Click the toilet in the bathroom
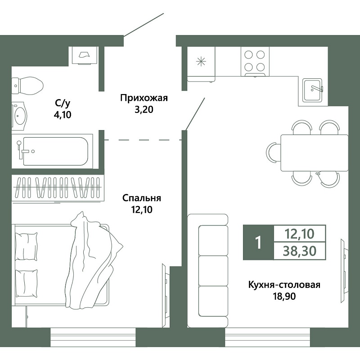pyautogui.click(x=27, y=85)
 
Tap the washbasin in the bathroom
pyautogui.click(x=19, y=115)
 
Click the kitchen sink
pyautogui.click(x=313, y=90)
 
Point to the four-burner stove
pyautogui.click(x=255, y=62)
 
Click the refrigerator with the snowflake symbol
pyautogui.click(x=201, y=64)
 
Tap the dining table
pyautogui.click(x=314, y=153)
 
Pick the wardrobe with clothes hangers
pyautogui.click(x=58, y=188)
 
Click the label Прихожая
pyautogui.click(x=144, y=98)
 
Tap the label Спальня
pyautogui.click(x=142, y=198)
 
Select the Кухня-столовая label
pyautogui.click(x=284, y=285)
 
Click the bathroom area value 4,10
pyautogui.click(x=63, y=115)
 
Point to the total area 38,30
pyautogui.click(x=300, y=251)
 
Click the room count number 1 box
pyautogui.click(x=258, y=243)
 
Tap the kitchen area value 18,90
pyautogui.click(x=284, y=297)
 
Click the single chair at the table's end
pyautogui.click(x=274, y=153)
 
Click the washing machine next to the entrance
pyautogui.click(x=85, y=55)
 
